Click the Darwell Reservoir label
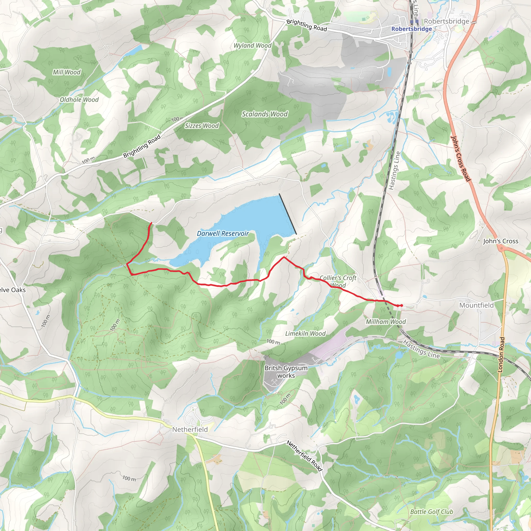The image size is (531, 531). (x=223, y=234)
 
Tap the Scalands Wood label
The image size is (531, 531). (x=265, y=114)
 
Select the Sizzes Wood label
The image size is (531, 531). (x=202, y=126)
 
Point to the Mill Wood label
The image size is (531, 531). (x=67, y=72)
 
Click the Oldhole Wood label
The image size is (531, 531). (x=79, y=100)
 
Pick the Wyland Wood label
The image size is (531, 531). (x=252, y=46)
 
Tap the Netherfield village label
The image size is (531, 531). (x=190, y=430)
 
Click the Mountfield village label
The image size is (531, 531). (x=476, y=305)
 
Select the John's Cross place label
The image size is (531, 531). (x=500, y=241)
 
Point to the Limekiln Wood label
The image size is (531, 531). (x=305, y=334)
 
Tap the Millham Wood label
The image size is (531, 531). (x=386, y=322)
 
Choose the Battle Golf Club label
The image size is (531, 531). (x=431, y=512)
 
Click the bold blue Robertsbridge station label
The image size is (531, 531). (x=411, y=29)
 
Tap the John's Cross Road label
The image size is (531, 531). (x=461, y=159)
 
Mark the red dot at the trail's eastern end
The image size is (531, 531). (x=402, y=305)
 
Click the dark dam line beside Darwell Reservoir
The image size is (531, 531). (x=288, y=214)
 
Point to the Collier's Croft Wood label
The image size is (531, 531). (x=338, y=281)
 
